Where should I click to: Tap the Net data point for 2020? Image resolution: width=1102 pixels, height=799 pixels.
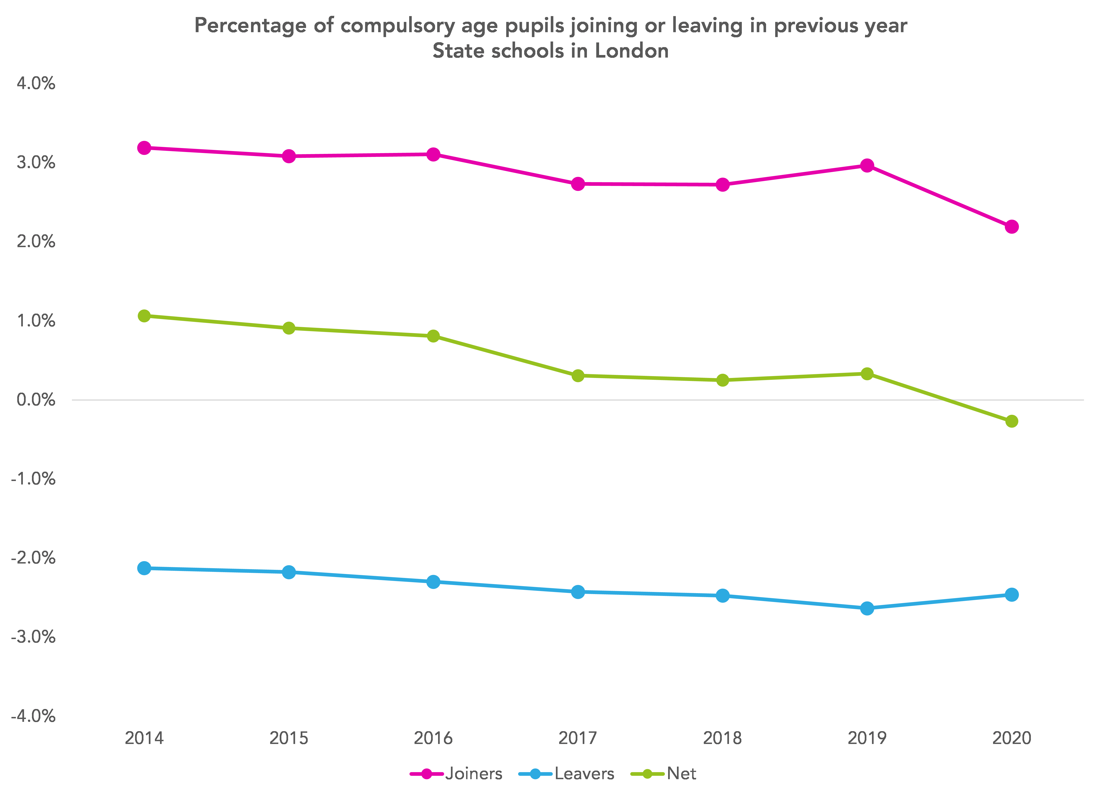click(1012, 421)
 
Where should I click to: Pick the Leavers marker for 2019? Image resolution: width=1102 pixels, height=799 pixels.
click(867, 608)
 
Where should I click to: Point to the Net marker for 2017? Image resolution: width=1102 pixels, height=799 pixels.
click(578, 375)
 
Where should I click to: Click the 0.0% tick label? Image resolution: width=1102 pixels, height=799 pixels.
click(36, 400)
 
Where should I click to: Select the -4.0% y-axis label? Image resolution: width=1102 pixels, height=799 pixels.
click(33, 716)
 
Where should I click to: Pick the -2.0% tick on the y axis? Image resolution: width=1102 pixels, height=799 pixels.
click(33, 558)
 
